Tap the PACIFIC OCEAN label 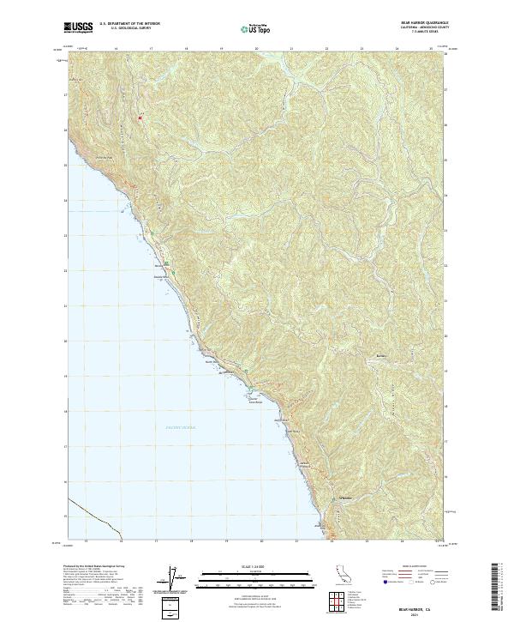point(180,426)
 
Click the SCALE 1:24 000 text point(256,566)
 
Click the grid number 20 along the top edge point(256,49)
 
